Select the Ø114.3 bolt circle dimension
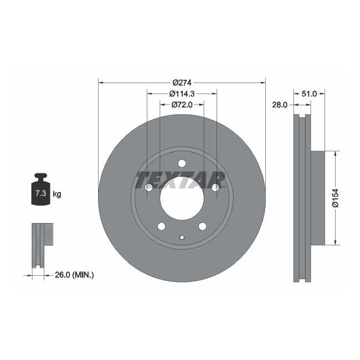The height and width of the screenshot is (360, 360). pyautogui.click(x=182, y=93)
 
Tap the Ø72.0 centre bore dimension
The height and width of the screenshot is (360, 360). pyautogui.click(x=182, y=104)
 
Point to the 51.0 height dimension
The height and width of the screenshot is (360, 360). pyautogui.click(x=309, y=94)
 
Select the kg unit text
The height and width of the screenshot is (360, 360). pyautogui.click(x=57, y=194)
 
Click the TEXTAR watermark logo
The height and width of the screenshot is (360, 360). pyautogui.click(x=181, y=179)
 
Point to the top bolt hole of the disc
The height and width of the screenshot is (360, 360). pyautogui.click(x=182, y=163)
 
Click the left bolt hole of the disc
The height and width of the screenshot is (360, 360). pyautogui.click(x=148, y=188)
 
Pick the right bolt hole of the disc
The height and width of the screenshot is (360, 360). pyautogui.click(x=215, y=188)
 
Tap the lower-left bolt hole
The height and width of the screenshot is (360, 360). pyautogui.click(x=161, y=226)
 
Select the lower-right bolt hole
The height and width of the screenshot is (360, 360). pyautogui.click(x=202, y=226)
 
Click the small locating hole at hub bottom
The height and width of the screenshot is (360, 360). pyautogui.click(x=182, y=238)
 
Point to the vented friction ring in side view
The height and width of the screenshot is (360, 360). pyautogui.click(x=300, y=197)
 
